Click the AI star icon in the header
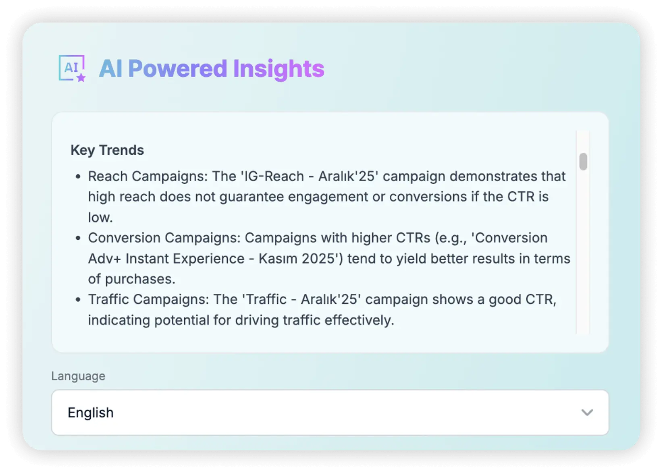pyautogui.click(x=72, y=68)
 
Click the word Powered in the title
pyautogui.click(x=178, y=69)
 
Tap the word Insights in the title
pyautogui.click(x=279, y=70)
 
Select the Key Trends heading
pyautogui.click(x=107, y=150)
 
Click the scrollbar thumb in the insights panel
pyautogui.click(x=583, y=162)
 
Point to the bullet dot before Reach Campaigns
pyautogui.click(x=78, y=176)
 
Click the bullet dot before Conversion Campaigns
pyautogui.click(x=78, y=238)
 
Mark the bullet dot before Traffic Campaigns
pyautogui.click(x=78, y=300)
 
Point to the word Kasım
pyautogui.click(x=278, y=259)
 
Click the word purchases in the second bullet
pyautogui.click(x=140, y=279)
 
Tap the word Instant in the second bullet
pyautogui.click(x=147, y=259)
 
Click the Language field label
pyautogui.click(x=78, y=376)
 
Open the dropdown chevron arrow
pyautogui.click(x=587, y=412)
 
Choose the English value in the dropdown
pyautogui.click(x=91, y=413)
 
